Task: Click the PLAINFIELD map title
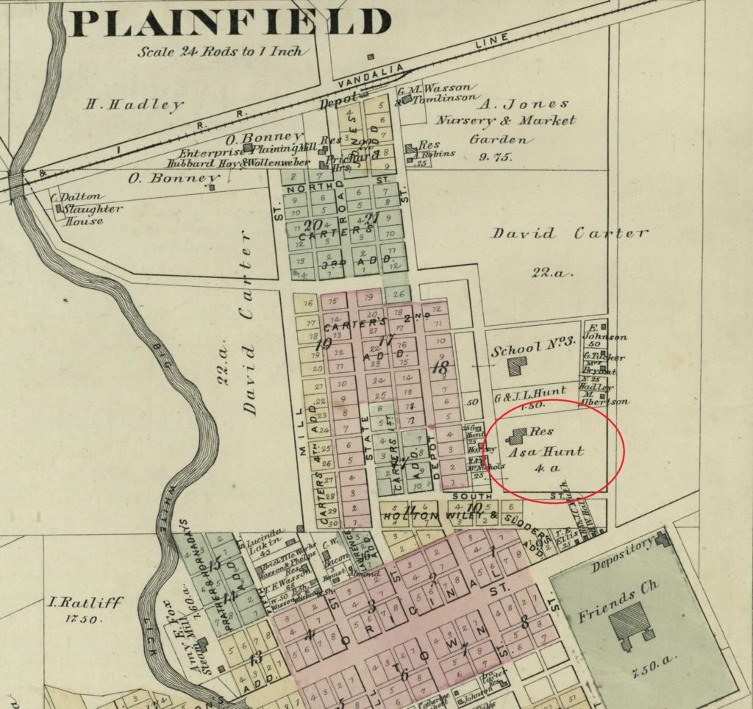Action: tap(230, 23)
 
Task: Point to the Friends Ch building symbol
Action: tap(630, 624)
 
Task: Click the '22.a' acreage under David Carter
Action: tap(552, 272)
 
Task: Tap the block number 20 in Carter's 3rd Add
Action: tap(313, 225)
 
